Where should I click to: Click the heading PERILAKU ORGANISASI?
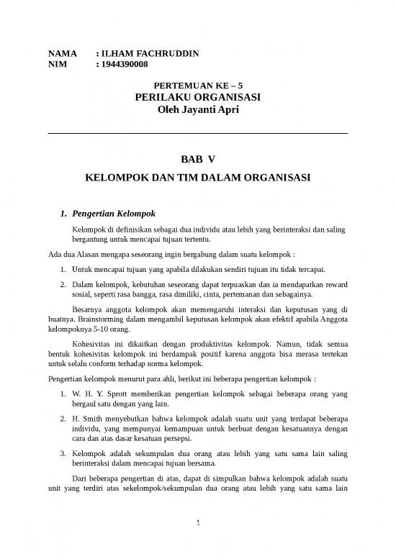pyautogui.click(x=198, y=97)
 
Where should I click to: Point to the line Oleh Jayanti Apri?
pyautogui.click(x=198, y=109)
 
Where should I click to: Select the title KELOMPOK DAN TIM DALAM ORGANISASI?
pyautogui.click(x=198, y=176)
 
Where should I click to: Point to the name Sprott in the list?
pyautogui.click(x=122, y=395)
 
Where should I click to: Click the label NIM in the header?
pyautogui.click(x=56, y=65)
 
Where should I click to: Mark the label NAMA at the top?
pyautogui.click(x=60, y=53)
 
